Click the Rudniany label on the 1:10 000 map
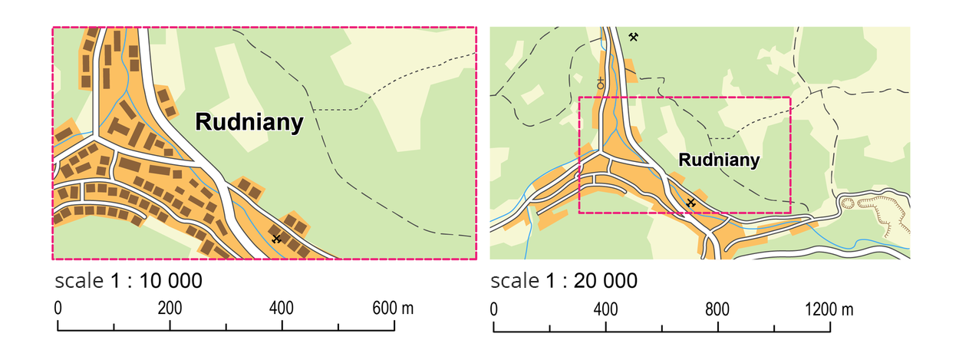(x=249, y=122)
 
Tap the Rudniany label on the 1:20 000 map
(x=720, y=160)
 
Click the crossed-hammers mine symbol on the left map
(x=277, y=238)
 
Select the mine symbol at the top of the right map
(x=634, y=37)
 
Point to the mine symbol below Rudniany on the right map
(x=691, y=202)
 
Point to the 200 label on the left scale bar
(x=170, y=309)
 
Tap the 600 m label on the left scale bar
(x=393, y=309)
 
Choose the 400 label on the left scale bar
(x=282, y=309)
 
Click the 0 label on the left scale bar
(x=58, y=309)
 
